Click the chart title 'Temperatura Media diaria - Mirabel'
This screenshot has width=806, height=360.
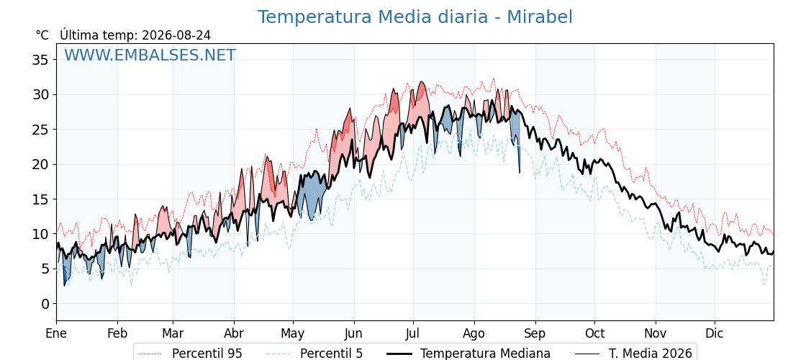415,17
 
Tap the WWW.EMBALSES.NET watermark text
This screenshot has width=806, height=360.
150,55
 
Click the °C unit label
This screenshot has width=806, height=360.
42,35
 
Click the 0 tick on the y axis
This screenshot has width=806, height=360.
46,304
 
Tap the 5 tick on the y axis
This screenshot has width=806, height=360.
46,269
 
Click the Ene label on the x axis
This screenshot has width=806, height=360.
56,334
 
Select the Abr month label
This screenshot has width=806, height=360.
234,334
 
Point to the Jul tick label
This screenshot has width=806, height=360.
413,334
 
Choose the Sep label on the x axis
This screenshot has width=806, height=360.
535,334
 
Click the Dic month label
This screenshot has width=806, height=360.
715,334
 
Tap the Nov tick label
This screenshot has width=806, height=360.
656,334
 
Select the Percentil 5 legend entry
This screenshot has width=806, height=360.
315,354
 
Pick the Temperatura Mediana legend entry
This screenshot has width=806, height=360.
467,354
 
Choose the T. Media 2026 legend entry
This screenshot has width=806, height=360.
633,354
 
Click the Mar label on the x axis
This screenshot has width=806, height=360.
173,334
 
